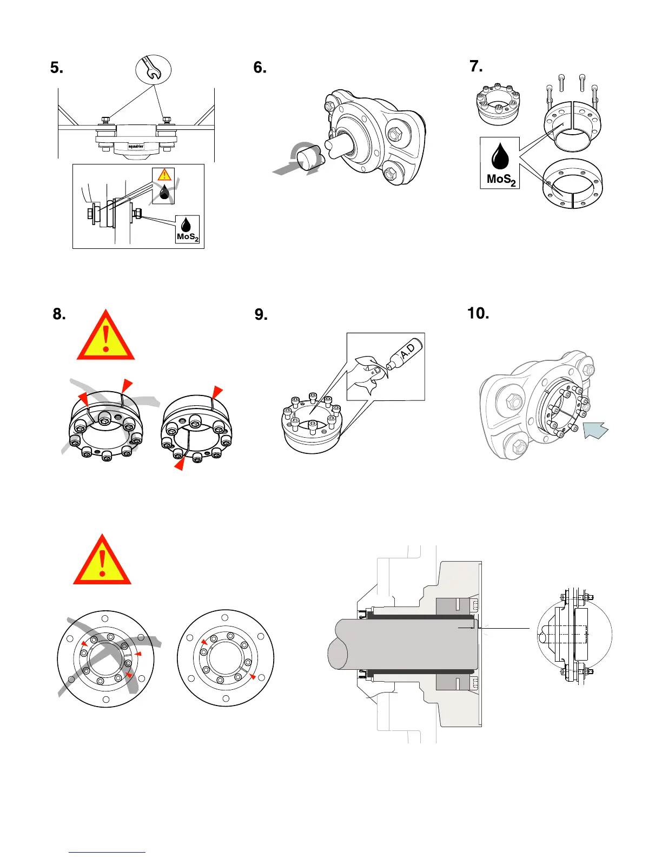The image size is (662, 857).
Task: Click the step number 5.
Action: click(x=56, y=68)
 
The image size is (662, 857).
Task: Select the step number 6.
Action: click(x=260, y=68)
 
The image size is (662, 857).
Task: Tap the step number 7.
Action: click(x=476, y=66)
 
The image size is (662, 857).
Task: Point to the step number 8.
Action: click(x=59, y=314)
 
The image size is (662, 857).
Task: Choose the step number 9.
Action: click(x=261, y=314)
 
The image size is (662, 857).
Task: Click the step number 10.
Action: click(x=478, y=313)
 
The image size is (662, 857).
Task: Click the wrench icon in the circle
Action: click(x=153, y=70)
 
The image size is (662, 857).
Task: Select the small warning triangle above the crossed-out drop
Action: click(x=164, y=174)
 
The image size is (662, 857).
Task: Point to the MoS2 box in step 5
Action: click(x=187, y=229)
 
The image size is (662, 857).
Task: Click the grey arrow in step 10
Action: click(x=596, y=430)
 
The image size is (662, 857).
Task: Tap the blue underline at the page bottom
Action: click(x=107, y=852)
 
